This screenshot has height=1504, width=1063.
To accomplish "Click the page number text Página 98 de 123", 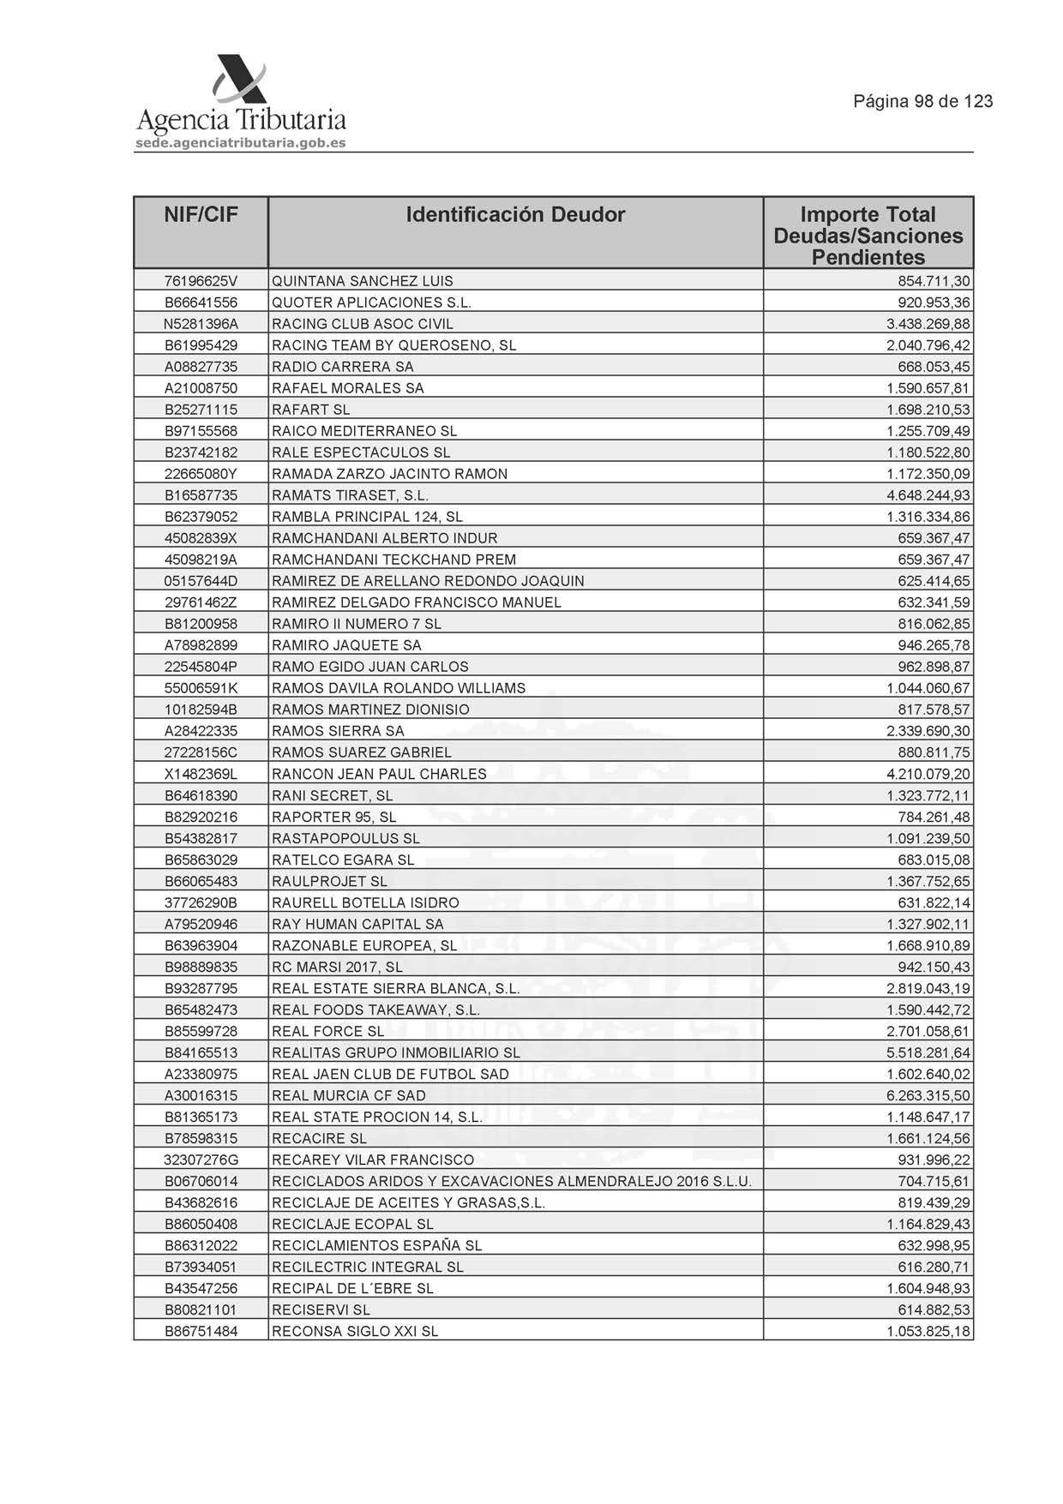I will coord(922,101).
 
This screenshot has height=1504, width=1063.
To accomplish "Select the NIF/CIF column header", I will coord(201,214).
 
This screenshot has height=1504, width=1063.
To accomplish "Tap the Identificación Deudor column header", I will coord(515,214).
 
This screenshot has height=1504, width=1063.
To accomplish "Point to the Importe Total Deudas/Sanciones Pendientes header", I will coord(868,236).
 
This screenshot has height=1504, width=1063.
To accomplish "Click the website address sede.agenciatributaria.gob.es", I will coord(241,143).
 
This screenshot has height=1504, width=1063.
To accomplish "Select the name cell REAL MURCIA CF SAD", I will coord(348,1095).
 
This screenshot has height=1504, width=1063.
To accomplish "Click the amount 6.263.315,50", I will coord(928,1095).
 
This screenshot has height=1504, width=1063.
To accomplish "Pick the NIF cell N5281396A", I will coord(201,324).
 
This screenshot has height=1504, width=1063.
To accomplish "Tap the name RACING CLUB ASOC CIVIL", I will coord(362,324).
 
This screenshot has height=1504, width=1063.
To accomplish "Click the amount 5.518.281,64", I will coord(928,1052).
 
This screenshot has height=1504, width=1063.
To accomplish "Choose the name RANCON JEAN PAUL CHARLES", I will coord(379,774).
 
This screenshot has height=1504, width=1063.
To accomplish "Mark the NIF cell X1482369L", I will coord(201,774).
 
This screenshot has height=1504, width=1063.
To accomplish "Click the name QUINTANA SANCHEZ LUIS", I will coord(362,281).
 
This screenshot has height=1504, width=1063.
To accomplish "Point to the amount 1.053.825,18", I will coord(928,1331).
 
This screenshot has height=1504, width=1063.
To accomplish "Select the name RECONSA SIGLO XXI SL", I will coord(355,1331).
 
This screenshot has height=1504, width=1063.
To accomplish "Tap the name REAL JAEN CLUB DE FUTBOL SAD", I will coord(390,1074).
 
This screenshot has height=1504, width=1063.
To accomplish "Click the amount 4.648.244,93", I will coord(928,495).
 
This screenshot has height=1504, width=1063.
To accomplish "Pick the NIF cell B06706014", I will coord(201,1181).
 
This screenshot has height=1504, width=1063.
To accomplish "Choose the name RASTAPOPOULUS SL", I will coord(345,838).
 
